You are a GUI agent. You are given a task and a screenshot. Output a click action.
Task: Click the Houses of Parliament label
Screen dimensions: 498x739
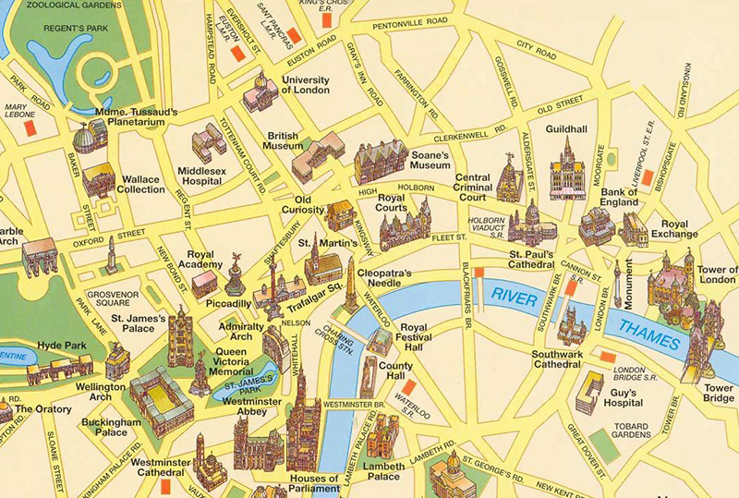tap(314, 484)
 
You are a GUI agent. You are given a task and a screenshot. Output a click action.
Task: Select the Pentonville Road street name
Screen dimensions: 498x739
tap(408, 19)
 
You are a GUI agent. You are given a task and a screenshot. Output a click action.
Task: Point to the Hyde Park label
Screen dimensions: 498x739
tap(61, 346)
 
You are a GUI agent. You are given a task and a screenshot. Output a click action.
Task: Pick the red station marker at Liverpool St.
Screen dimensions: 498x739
tap(648, 176)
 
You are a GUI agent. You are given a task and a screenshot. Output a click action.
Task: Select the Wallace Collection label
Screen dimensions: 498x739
tap(140, 184)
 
